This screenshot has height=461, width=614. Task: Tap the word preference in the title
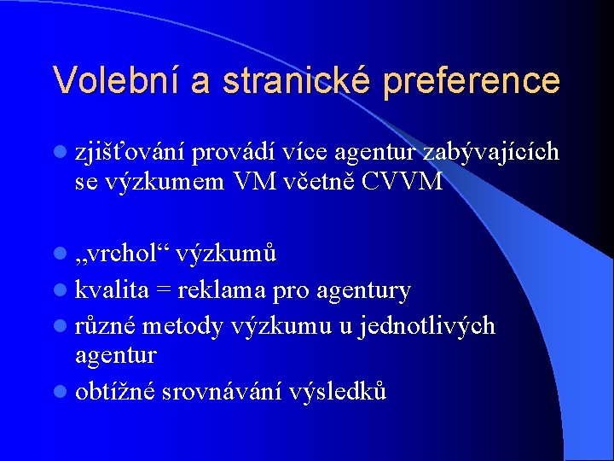pyautogui.click(x=472, y=80)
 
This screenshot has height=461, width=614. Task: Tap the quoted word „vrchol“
pyautogui.click(x=123, y=254)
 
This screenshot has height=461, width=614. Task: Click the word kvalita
pyautogui.click(x=112, y=290)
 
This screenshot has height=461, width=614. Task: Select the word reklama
pyautogui.click(x=223, y=290)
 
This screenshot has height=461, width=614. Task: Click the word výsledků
pyautogui.click(x=338, y=391)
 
